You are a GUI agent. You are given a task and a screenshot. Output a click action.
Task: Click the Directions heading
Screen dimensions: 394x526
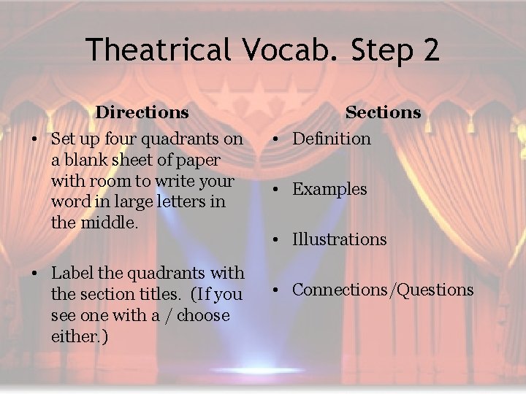[x=142, y=112]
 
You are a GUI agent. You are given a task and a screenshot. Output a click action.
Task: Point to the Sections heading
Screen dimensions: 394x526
[x=383, y=112]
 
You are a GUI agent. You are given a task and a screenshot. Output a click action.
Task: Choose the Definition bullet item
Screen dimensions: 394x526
[x=332, y=139]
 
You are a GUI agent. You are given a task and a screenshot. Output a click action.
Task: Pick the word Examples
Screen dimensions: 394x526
[x=329, y=190]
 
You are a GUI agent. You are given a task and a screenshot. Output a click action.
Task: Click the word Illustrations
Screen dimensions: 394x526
[x=340, y=239]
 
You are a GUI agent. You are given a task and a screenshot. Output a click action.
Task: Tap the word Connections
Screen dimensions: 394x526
[x=340, y=290]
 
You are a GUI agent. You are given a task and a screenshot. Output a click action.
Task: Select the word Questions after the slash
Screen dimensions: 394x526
[x=435, y=290]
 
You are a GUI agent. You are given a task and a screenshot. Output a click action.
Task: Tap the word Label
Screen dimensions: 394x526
[x=70, y=274]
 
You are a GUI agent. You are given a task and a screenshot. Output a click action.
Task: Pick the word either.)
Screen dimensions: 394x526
[x=81, y=337]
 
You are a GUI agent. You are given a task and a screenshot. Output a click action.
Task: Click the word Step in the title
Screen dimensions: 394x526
[x=373, y=50]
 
